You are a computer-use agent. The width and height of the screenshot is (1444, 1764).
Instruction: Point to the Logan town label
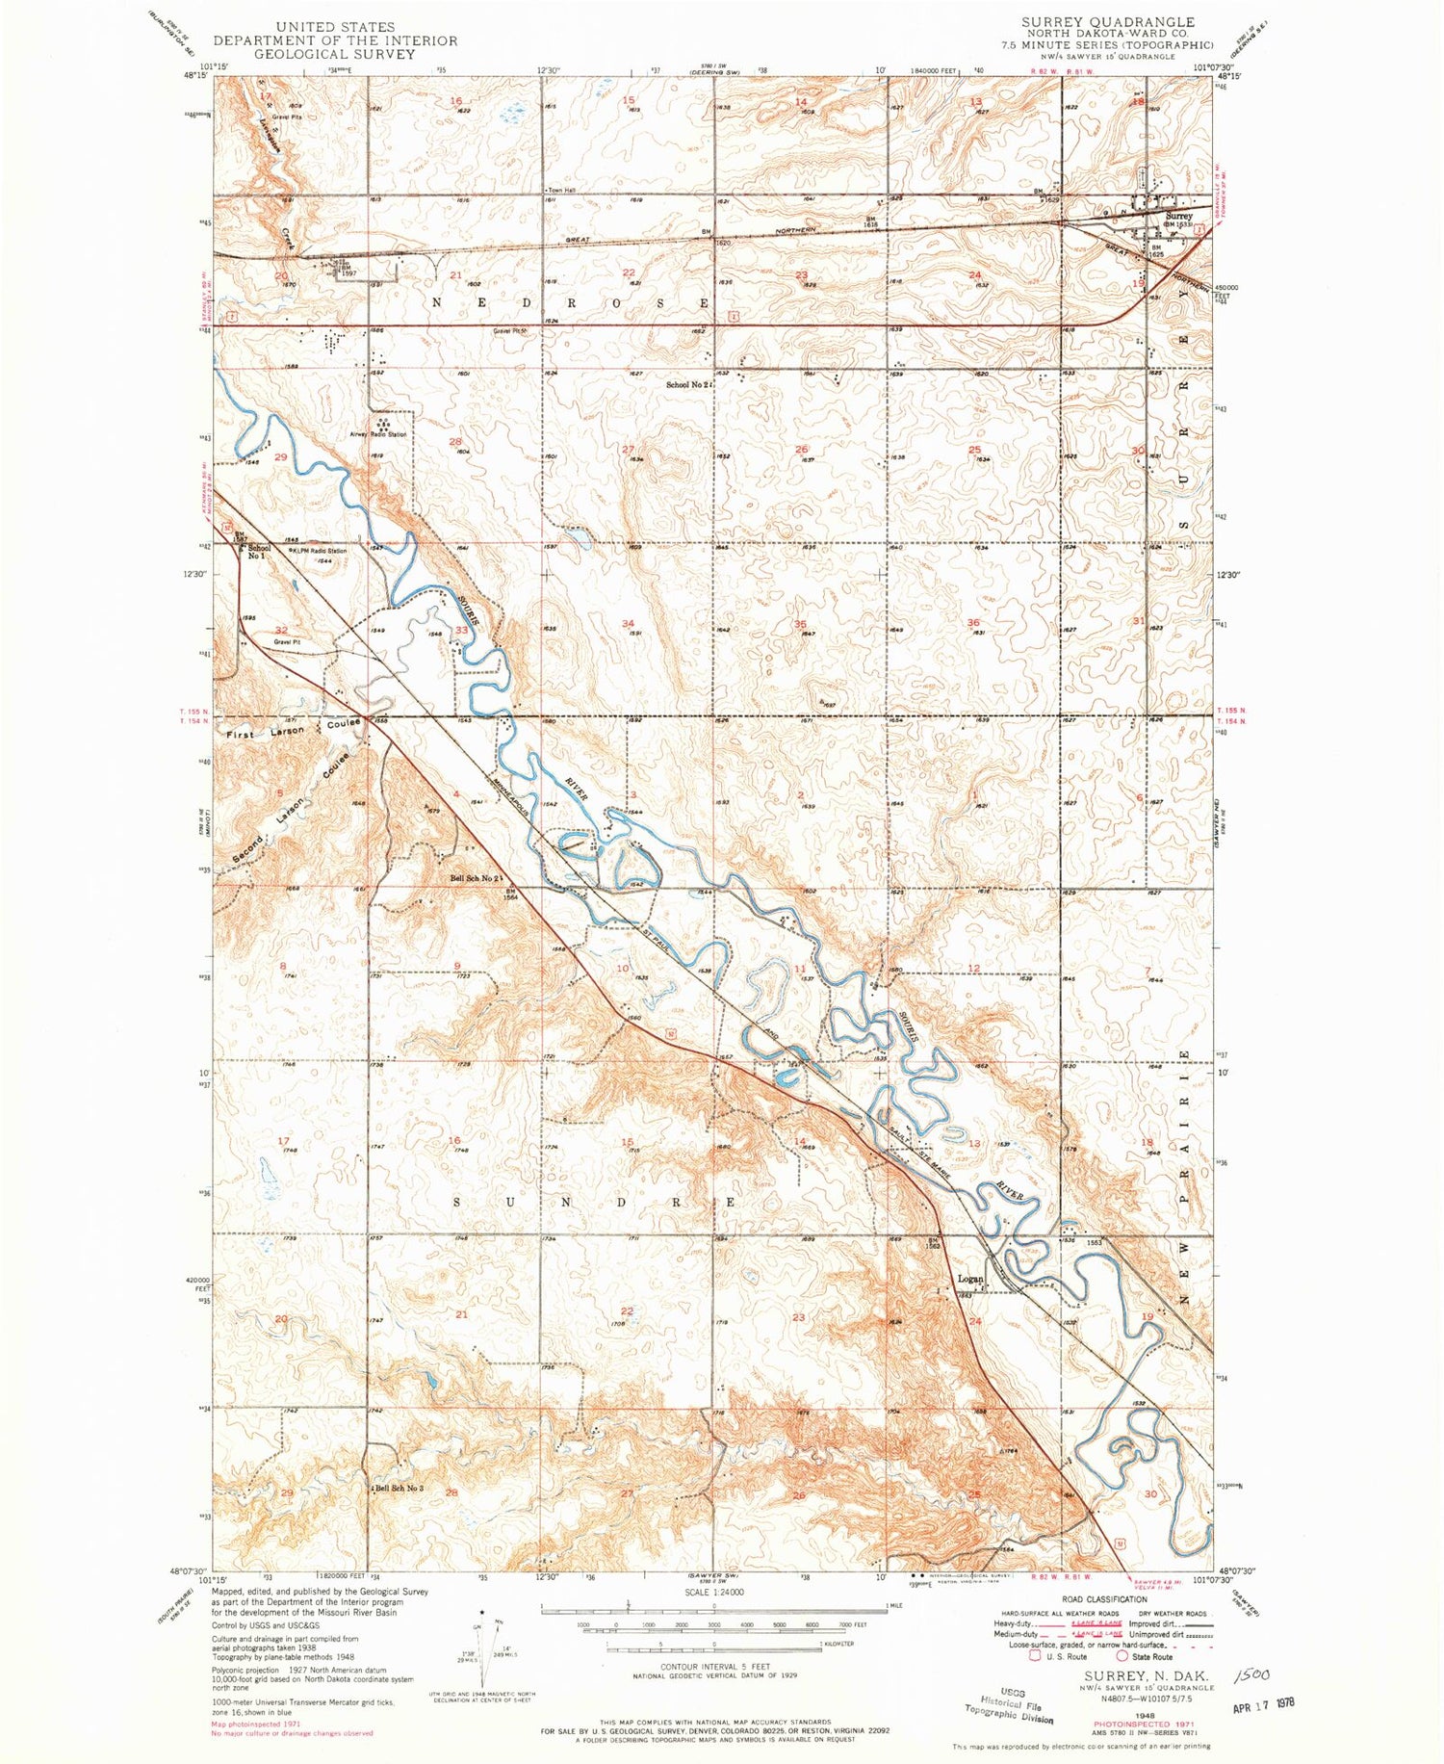tap(970, 1280)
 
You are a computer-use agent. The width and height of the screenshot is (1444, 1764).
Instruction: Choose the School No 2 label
tap(687, 384)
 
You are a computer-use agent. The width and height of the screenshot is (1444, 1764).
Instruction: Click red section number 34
tap(628, 623)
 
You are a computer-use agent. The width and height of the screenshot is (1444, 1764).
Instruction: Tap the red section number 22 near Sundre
tap(627, 1310)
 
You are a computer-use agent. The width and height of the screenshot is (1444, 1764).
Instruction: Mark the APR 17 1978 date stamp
tap(1263, 1702)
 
